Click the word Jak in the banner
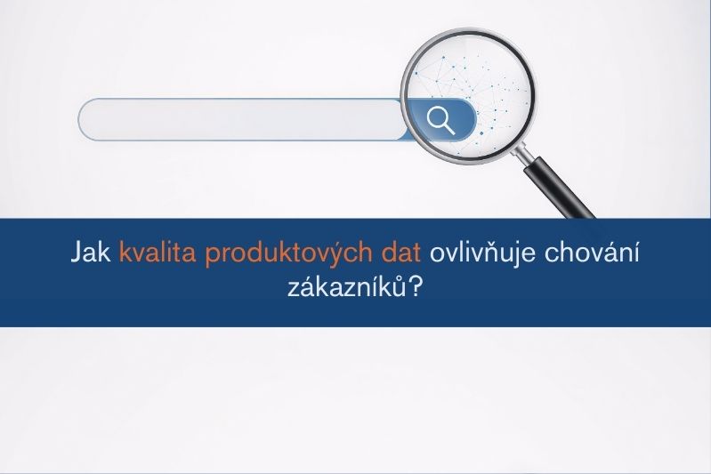90,253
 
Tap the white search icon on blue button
440,119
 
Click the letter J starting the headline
76,253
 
